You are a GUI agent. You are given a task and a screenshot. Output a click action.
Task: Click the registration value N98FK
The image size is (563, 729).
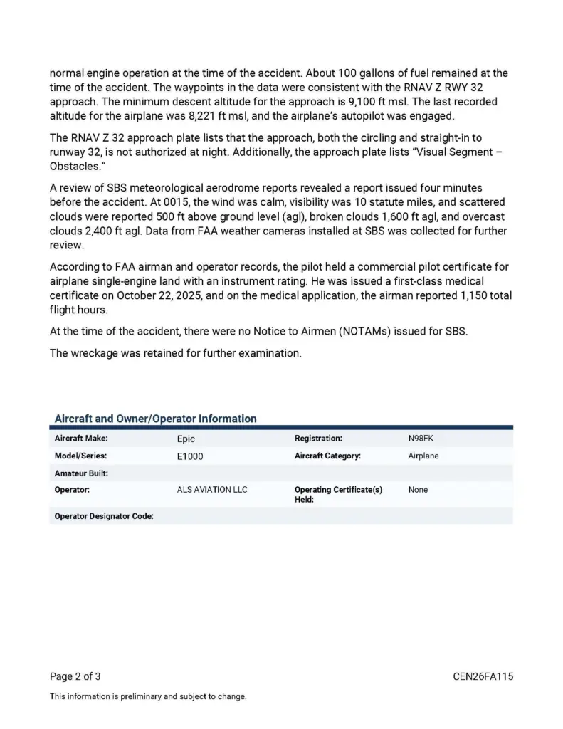pyautogui.click(x=421, y=439)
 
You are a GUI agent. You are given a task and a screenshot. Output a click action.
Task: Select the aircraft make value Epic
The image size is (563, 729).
pyautogui.click(x=186, y=439)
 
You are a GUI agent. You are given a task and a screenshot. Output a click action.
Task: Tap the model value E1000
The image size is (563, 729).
pyautogui.click(x=190, y=456)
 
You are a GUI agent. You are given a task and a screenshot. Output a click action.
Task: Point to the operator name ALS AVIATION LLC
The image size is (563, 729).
pyautogui.click(x=212, y=490)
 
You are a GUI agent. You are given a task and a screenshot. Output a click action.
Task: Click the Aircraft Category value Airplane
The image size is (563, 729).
pyautogui.click(x=423, y=456)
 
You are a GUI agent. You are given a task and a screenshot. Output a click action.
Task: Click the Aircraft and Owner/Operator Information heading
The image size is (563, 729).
pyautogui.click(x=156, y=419)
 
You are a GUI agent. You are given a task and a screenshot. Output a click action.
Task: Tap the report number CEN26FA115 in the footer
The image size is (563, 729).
pyautogui.click(x=483, y=676)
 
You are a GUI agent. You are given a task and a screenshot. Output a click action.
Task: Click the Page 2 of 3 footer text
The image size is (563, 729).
pyautogui.click(x=80, y=676)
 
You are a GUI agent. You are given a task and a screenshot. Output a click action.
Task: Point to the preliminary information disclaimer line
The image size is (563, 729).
pyautogui.click(x=148, y=696)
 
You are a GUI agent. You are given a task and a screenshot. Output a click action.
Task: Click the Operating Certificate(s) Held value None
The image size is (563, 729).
pyautogui.click(x=419, y=490)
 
